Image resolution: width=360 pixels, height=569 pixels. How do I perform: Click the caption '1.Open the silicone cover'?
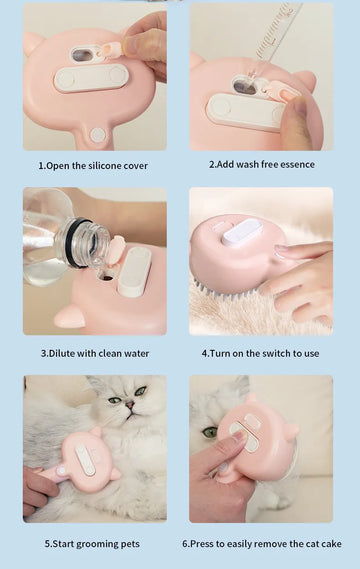92,165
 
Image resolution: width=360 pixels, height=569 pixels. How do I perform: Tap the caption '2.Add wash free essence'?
261,164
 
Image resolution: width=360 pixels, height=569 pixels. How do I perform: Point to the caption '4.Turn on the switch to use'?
260,353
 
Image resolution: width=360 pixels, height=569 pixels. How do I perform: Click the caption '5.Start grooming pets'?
92,543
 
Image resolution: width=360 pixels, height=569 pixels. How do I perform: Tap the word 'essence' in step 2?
296,164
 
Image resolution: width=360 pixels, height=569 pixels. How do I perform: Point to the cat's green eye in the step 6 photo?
210,432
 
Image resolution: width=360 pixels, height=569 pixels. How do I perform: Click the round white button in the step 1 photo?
98,134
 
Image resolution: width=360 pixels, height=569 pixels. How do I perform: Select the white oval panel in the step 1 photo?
91,78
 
